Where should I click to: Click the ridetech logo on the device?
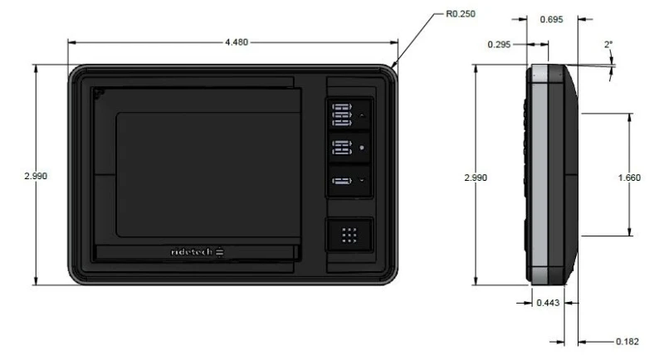(192, 251)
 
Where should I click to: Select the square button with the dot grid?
(349, 235)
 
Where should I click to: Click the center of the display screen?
(208, 173)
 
